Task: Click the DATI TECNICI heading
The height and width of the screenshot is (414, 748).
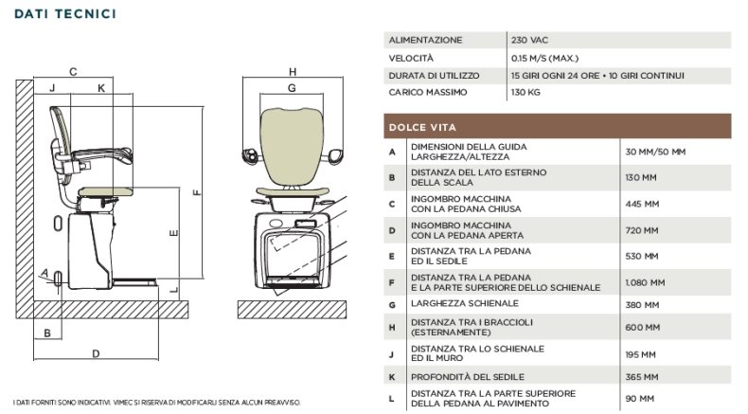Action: click(65, 14)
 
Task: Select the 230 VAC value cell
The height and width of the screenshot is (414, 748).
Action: click(529, 40)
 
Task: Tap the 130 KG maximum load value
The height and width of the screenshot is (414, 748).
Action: click(525, 92)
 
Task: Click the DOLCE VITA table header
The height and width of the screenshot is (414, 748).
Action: click(422, 128)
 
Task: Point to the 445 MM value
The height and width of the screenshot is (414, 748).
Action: click(642, 204)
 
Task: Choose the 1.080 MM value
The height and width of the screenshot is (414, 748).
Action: click(645, 282)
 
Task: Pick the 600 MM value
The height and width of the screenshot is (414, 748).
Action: click(643, 328)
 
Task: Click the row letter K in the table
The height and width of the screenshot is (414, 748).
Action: click(392, 377)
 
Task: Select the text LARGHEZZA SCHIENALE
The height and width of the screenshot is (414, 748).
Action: click(465, 304)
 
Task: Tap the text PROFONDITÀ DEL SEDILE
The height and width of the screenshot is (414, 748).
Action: click(468, 377)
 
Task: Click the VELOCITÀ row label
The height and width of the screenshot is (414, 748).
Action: click(411, 58)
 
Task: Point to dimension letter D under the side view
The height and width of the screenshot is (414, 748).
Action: click(96, 353)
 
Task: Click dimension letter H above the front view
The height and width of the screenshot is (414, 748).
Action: click(293, 72)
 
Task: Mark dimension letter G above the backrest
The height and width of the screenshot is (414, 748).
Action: click(292, 88)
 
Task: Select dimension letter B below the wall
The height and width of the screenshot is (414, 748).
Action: click(47, 333)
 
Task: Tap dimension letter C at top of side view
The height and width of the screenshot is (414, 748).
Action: click(73, 72)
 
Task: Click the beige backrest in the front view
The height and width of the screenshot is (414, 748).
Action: click(292, 146)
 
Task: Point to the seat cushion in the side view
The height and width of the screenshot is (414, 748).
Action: click(106, 192)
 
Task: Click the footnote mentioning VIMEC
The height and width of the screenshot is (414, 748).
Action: click(157, 403)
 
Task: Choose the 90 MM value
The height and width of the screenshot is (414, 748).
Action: click(640, 399)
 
